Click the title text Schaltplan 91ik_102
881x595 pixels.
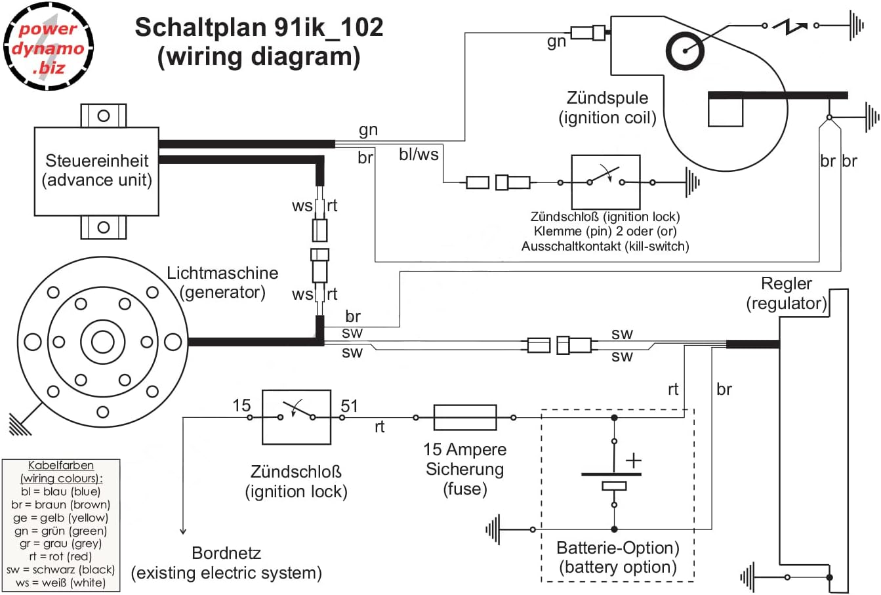[x=259, y=28]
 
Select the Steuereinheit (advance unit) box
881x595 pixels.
[x=96, y=171]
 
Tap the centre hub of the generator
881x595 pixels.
[x=102, y=342]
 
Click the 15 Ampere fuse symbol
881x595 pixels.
[x=464, y=417]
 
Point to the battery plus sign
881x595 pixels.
[x=633, y=461]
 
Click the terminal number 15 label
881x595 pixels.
[x=241, y=406]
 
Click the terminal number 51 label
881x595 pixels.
[x=350, y=406]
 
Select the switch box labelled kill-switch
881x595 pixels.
[x=605, y=182]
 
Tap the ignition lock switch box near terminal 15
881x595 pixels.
[x=296, y=417]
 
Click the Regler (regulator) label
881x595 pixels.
[x=786, y=293]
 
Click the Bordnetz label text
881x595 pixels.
[x=226, y=553]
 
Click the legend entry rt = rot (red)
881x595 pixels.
[x=61, y=556]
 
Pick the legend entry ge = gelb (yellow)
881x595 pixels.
[x=61, y=518]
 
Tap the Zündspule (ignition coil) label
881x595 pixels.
[x=607, y=108]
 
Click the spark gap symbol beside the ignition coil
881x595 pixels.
[x=790, y=26]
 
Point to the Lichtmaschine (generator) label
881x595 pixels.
[x=222, y=282]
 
